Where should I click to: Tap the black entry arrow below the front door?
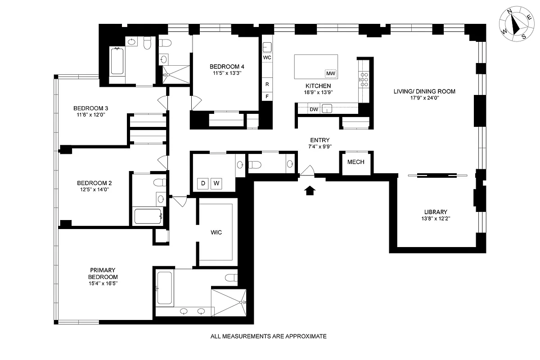click(310, 191)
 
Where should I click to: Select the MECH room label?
click(355, 162)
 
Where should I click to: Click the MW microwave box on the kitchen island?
click(331, 73)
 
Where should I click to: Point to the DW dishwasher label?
click(314, 109)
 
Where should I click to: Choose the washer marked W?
click(216, 183)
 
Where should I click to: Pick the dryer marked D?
click(202, 183)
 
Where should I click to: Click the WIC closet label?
click(216, 233)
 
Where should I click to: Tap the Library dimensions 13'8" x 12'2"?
click(436, 219)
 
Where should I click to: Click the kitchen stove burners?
click(364, 80)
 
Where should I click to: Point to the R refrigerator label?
click(267, 84)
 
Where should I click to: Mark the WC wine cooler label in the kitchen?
click(267, 58)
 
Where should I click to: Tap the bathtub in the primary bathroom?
click(164, 288)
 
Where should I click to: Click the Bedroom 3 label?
click(90, 108)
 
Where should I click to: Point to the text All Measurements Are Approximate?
click(268, 336)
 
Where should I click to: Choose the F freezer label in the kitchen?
click(267, 96)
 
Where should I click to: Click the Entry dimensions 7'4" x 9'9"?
click(320, 147)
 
